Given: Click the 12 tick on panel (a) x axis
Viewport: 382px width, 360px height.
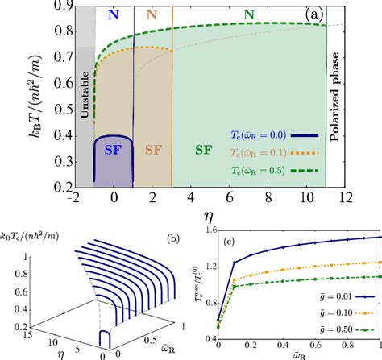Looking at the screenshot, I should pyautogui.click(x=345, y=197).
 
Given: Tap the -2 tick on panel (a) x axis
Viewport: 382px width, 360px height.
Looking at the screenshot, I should pyautogui.click(x=73, y=197).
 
